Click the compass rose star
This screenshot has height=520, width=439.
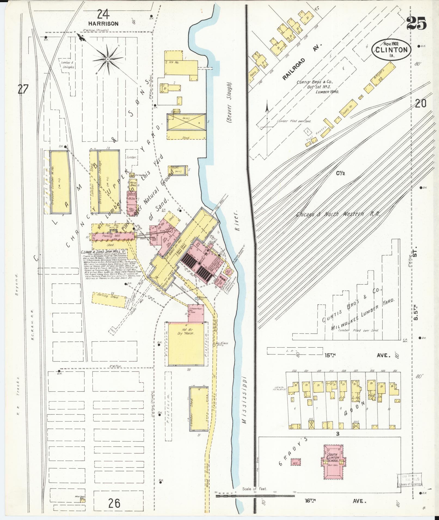tap(108, 59)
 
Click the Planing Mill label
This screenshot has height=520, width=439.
tap(113, 236)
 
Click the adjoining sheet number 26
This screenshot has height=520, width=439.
tap(113, 503)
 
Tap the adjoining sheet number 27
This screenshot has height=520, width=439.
tap(23, 89)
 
